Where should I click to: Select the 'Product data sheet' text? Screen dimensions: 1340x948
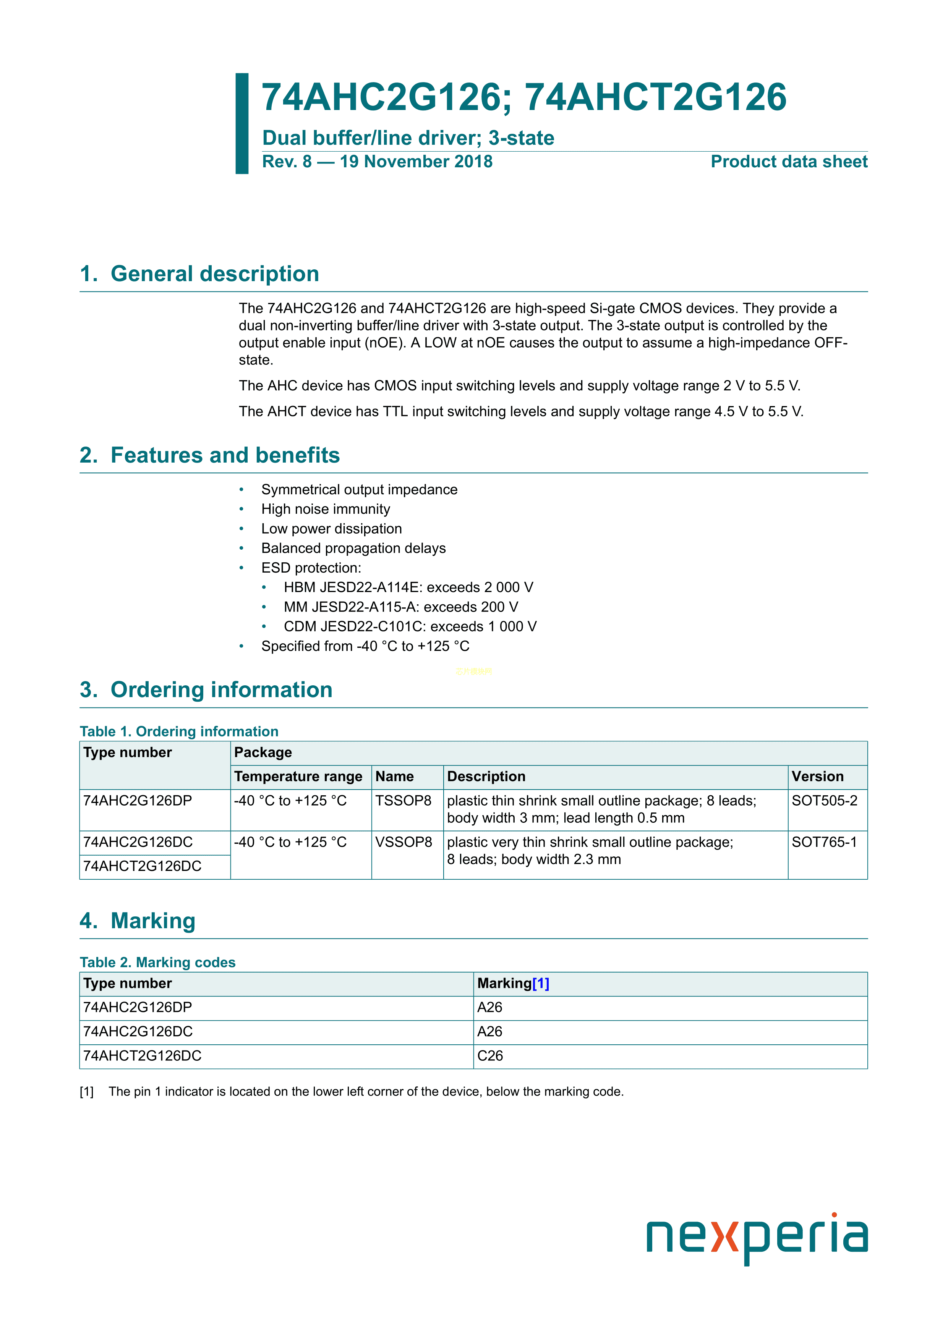coord(789,162)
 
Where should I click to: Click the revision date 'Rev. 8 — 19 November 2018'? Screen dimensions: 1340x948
coord(377,162)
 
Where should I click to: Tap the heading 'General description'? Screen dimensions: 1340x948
coord(214,274)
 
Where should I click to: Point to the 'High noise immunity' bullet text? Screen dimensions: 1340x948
coord(325,509)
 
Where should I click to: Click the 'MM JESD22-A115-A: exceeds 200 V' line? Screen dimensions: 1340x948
coord(400,607)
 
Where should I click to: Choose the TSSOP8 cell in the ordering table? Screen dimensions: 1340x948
coord(403,801)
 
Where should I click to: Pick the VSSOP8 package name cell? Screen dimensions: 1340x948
coord(404,842)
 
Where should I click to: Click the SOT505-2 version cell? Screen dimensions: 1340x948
coord(824,801)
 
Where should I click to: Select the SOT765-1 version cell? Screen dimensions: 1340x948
coord(824,842)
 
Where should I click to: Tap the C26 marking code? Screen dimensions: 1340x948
coord(490,1056)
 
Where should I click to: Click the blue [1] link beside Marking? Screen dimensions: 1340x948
coord(541,983)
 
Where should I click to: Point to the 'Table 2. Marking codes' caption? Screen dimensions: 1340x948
coord(157,962)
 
